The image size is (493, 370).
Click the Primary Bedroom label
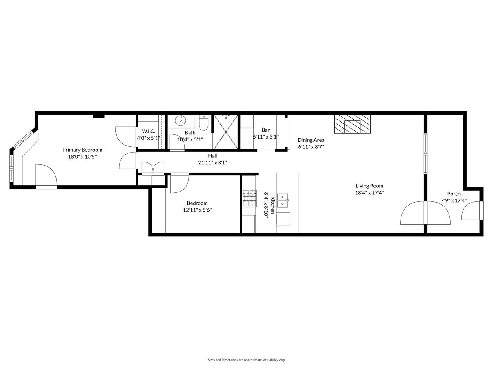tap(82, 150)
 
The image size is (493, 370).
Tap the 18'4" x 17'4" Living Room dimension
tap(369, 193)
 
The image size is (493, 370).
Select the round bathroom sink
tap(181, 121)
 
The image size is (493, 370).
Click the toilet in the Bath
tap(204, 123)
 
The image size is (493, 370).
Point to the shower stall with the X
tap(226, 132)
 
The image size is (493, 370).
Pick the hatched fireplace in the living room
tap(352, 124)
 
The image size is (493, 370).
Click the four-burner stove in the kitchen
tap(249, 198)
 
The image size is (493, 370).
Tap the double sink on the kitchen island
tap(283, 200)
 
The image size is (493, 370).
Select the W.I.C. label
tap(148, 131)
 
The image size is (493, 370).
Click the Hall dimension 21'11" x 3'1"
tap(212, 163)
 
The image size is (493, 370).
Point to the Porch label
tap(454, 193)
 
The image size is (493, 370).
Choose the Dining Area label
tap(311, 140)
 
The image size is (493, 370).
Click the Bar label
tap(265, 130)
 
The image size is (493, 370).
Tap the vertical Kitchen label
tap(273, 205)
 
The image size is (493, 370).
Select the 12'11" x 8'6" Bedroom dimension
tap(197, 210)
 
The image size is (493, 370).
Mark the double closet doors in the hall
tap(153, 168)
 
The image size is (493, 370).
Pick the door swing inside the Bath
tap(177, 142)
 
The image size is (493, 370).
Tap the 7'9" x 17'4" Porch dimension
tap(454, 200)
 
